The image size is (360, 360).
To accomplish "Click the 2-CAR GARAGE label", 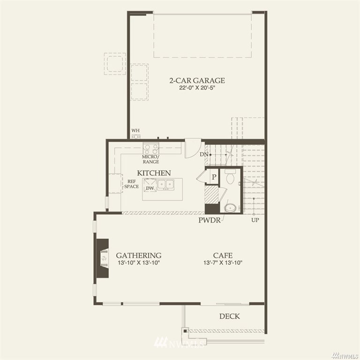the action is [197, 81].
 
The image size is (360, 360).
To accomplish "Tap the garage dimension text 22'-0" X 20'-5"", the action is [197, 88].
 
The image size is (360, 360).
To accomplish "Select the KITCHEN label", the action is [154, 173].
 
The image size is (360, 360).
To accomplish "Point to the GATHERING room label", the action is [138, 255].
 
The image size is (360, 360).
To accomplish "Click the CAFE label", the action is [223, 255].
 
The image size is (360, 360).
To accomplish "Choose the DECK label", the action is [229, 316].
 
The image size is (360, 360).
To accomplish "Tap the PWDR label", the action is [210, 220].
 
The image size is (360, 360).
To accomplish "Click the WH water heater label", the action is [135, 130].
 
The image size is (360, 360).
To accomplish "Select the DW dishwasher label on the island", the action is [150, 188].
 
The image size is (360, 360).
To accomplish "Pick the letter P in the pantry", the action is [214, 177].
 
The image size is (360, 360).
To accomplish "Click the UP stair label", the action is [255, 220].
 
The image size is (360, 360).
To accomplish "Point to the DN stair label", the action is [203, 155].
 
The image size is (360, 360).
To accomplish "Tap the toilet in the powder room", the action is [230, 176].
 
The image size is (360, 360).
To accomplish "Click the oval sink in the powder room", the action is [230, 208].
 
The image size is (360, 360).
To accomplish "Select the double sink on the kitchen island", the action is [165, 185].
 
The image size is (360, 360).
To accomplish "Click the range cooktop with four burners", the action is [150, 149].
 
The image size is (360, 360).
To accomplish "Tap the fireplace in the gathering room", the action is [102, 258].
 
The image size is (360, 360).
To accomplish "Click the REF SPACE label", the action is [132, 184].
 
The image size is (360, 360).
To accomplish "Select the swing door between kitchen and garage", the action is [193, 148].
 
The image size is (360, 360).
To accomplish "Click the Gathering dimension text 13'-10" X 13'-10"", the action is [139, 262].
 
